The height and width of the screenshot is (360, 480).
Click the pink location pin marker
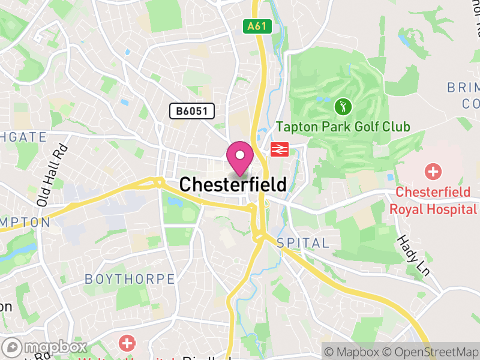point(240,158)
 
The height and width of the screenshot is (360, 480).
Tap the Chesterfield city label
point(233,184)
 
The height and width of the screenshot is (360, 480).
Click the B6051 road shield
point(191,111)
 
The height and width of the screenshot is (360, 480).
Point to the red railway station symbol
point(279,149)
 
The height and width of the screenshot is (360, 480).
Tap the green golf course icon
point(342,107)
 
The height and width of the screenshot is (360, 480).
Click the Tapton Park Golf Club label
point(343,127)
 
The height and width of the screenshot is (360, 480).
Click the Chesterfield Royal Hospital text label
point(433,201)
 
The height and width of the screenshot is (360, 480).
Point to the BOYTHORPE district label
point(130,279)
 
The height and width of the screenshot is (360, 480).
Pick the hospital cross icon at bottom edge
point(127,344)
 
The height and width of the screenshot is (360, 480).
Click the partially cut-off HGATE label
point(23,137)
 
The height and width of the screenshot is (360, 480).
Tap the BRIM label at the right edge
point(463,88)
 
